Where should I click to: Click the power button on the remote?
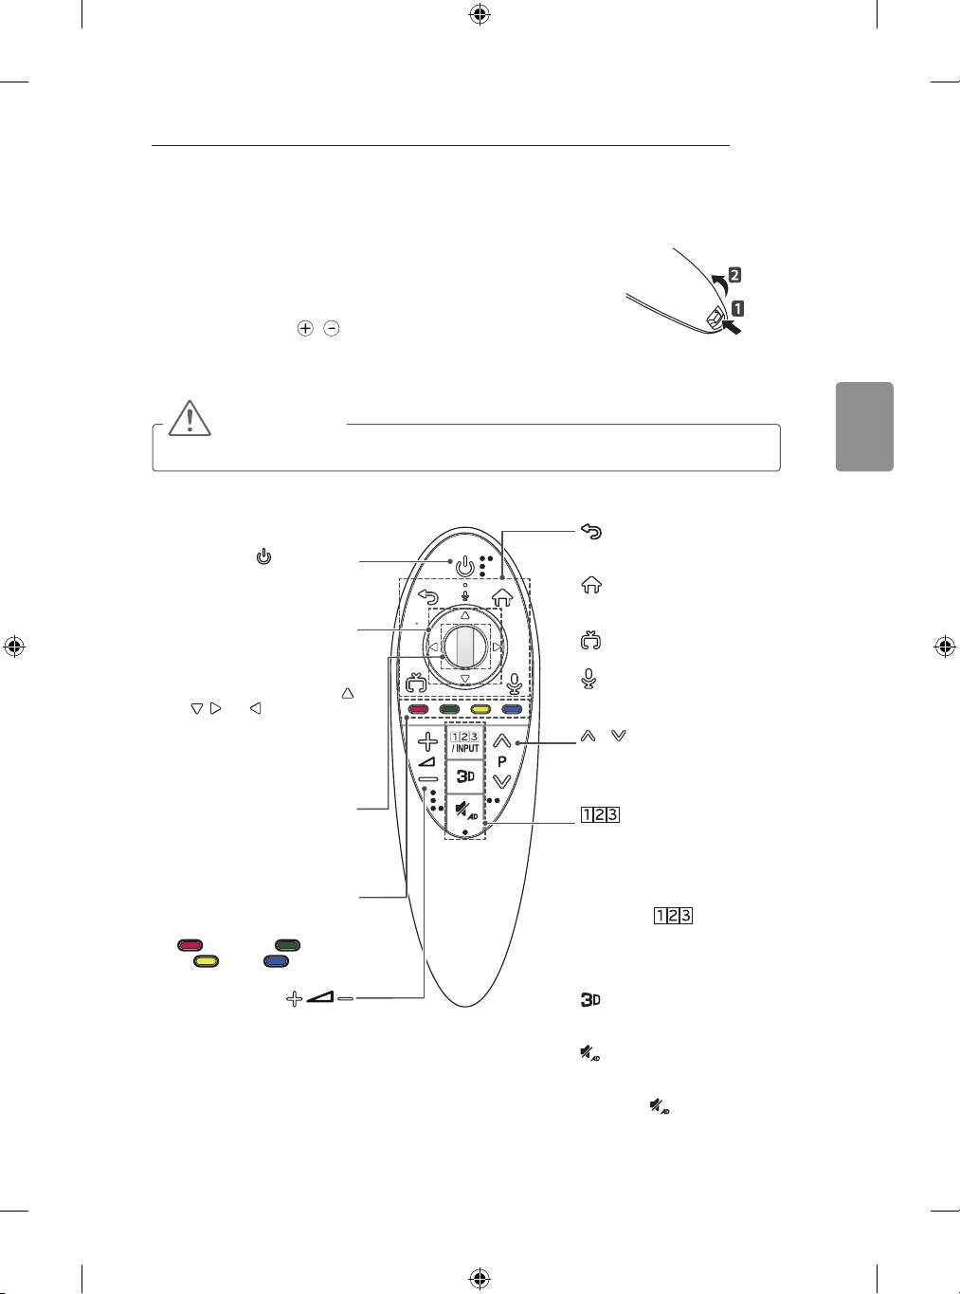tap(463, 568)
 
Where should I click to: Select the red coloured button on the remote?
tap(413, 708)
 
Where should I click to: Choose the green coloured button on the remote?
tap(449, 708)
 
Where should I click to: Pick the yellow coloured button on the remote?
tap(480, 708)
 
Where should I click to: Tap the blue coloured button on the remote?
tap(513, 708)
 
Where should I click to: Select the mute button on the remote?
tap(464, 811)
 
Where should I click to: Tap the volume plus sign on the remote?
tap(428, 741)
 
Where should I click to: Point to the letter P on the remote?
tap(502, 761)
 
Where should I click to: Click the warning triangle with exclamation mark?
tap(189, 418)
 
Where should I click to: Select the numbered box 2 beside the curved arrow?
tap(734, 276)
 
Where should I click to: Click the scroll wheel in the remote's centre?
tap(464, 647)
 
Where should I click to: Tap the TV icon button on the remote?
tap(414, 683)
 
